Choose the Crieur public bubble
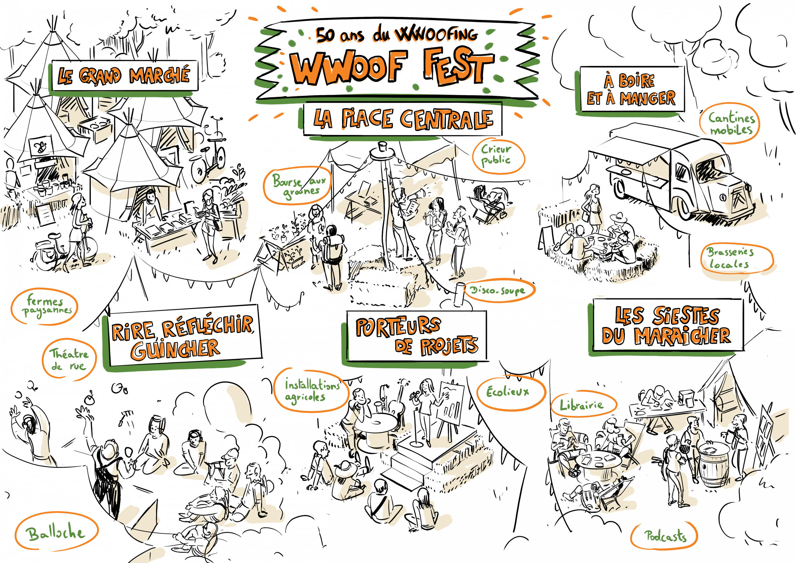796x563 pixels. click(x=498, y=155)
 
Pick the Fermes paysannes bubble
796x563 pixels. click(x=44, y=306)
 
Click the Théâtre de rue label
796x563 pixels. click(x=69, y=360)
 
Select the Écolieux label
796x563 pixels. click(x=510, y=392)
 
